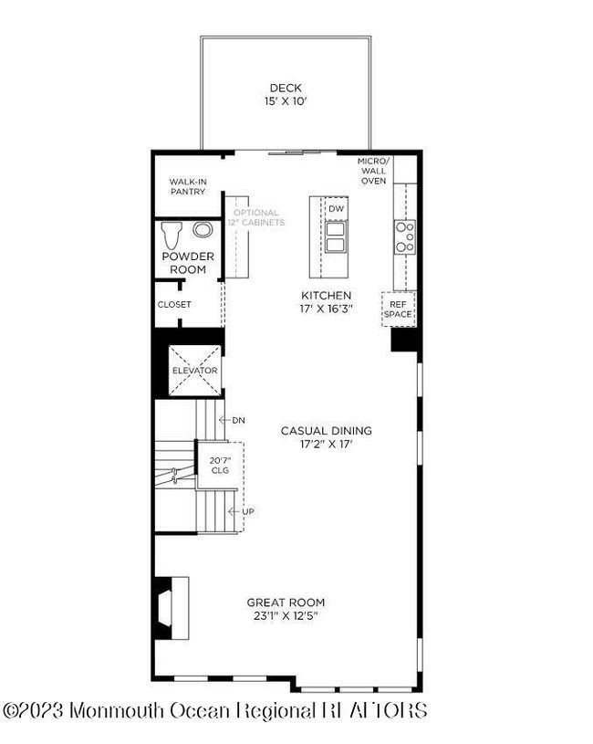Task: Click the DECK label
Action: pos(286,88)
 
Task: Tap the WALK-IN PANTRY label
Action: pos(188,186)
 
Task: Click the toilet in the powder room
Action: pos(172,235)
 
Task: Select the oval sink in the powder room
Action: pos(203,230)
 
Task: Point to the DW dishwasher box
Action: pos(336,208)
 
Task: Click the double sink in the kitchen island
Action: pos(335,236)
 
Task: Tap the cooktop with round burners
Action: pos(405,236)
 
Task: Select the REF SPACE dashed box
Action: pos(399,309)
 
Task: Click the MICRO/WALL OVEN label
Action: pos(373,171)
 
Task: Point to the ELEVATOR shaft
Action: pos(195,371)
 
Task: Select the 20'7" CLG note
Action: pos(220,465)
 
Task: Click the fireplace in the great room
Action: pos(172,608)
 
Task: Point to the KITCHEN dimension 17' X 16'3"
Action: pos(326,309)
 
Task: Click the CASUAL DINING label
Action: pos(326,431)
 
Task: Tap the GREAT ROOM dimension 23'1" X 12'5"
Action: pos(286,616)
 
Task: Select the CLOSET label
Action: pos(174,305)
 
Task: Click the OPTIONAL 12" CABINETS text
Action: pos(256,217)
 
